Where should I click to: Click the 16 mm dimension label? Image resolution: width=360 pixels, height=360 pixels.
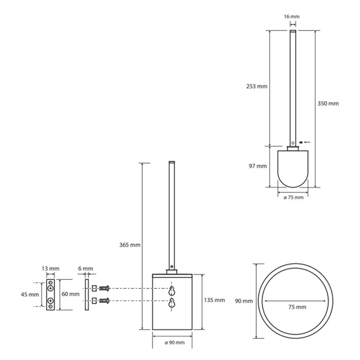(x=291, y=17)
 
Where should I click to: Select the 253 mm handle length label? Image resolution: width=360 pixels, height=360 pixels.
(x=257, y=86)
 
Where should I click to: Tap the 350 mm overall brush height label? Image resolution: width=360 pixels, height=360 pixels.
(x=328, y=104)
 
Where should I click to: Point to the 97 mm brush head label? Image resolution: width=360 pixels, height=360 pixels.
(x=258, y=166)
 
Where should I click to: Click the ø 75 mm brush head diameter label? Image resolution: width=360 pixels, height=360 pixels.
(x=293, y=198)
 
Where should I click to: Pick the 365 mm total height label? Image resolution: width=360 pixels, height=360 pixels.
(x=130, y=245)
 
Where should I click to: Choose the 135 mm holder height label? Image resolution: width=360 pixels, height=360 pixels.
(x=215, y=300)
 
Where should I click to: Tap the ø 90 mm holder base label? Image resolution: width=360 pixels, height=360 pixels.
(x=175, y=342)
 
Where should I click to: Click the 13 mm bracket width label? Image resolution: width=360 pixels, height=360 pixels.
(x=51, y=269)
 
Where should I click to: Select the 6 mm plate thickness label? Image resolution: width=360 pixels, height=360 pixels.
(x=86, y=269)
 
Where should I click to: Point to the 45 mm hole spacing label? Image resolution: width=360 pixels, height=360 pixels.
(x=30, y=294)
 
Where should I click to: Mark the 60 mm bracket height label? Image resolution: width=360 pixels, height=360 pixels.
(x=71, y=294)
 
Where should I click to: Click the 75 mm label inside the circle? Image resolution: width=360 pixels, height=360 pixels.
(x=297, y=307)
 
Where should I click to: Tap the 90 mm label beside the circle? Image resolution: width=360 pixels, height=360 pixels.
(x=244, y=301)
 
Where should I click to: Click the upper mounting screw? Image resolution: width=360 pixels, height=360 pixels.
(x=105, y=288)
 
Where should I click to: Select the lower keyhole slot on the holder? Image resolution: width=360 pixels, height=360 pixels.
(x=172, y=303)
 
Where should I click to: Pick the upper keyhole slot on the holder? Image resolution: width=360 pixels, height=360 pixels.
(x=172, y=291)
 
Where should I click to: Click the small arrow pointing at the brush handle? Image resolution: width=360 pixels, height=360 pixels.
(x=307, y=143)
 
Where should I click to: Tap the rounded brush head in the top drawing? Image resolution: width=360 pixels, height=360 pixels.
(x=293, y=169)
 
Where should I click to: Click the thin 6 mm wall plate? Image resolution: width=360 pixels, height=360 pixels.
(x=87, y=295)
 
